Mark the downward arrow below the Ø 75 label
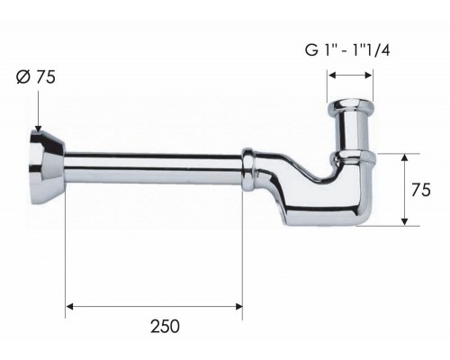point(37,126)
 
